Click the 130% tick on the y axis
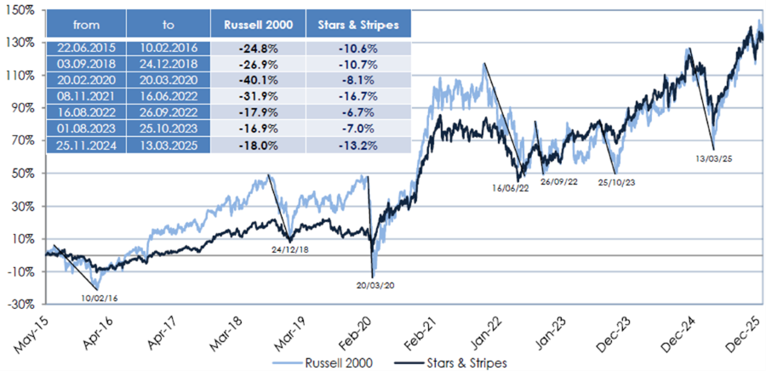pyautogui.click(x=20, y=43)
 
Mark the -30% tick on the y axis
pyautogui.click(x=20, y=304)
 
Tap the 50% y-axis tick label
pyautogui.click(x=21, y=174)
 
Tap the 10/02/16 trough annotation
pyautogui.click(x=100, y=297)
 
